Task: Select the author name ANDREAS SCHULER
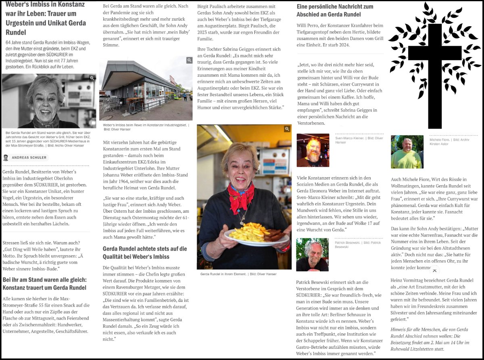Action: coord(29,157)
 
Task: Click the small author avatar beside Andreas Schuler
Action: coord(6,157)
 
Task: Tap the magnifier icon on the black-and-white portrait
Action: coord(92,78)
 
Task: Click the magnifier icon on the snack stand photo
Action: coord(189,61)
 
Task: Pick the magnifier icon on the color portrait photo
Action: coord(287,129)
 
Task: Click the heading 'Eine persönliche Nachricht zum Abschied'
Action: coord(335,11)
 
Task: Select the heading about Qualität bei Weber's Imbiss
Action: coord(144,253)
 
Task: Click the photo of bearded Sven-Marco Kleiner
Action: coord(313,150)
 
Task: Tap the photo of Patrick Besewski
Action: coord(312,255)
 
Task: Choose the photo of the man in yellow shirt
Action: coord(407,152)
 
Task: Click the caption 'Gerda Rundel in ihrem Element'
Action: coord(238,274)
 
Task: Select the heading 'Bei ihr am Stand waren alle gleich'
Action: coord(44,283)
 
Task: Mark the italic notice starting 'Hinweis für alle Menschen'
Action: coord(430,339)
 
